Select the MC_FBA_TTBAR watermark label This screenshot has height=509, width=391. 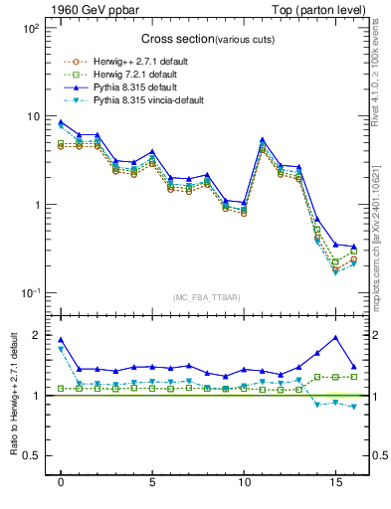click(x=206, y=299)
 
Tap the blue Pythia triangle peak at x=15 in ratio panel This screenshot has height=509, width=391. click(x=335, y=337)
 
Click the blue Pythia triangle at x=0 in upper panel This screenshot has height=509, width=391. click(x=61, y=122)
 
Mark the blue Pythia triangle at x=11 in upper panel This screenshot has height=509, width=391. click(x=262, y=140)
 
